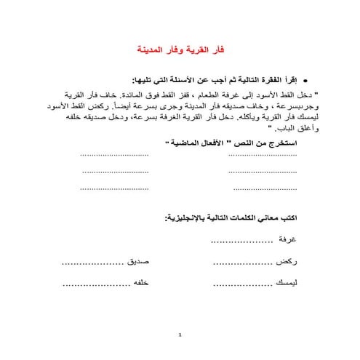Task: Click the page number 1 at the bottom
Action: click(x=180, y=337)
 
